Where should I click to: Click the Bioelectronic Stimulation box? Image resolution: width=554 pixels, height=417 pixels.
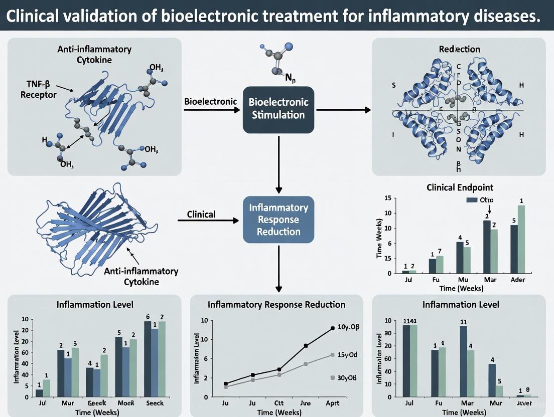[x=279, y=109]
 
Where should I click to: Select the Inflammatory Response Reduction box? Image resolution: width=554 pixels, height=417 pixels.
[x=279, y=220]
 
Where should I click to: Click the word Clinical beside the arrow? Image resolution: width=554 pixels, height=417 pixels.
[x=201, y=214]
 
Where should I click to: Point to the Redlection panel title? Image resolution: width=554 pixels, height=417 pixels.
[x=459, y=49]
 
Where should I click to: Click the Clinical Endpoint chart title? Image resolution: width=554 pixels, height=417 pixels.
[x=460, y=187]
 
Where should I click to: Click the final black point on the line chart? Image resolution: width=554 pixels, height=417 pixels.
[x=333, y=328]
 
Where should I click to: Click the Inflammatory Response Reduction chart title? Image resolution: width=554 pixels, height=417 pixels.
[x=276, y=304]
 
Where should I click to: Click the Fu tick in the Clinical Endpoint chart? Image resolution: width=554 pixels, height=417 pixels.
[x=436, y=280]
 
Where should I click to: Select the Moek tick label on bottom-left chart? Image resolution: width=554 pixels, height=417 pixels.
[x=125, y=403]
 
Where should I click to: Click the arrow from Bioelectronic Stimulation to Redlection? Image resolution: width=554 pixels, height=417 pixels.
[x=341, y=109]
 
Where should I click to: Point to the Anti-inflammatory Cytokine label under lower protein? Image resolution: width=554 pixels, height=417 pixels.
[x=141, y=276]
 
